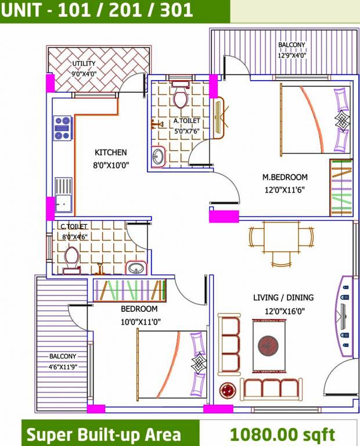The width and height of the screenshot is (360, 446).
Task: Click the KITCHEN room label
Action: [110, 153]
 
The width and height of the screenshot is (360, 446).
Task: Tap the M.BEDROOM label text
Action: [285, 177]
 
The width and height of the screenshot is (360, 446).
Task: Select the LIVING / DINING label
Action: [283, 297]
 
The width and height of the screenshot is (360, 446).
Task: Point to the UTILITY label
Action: [84, 64]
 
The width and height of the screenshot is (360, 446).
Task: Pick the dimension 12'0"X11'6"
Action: [285, 189]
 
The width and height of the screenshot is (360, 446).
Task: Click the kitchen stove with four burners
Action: [62, 128]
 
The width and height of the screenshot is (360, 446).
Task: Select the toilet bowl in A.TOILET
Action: [181, 97]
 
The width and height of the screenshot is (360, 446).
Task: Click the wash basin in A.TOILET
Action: [158, 156]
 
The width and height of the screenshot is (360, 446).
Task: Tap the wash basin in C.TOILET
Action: [136, 267]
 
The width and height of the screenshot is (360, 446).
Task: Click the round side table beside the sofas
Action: [227, 390]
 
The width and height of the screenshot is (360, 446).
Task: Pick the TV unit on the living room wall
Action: [344, 314]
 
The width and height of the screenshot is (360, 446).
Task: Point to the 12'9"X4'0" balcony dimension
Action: [291, 56]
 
